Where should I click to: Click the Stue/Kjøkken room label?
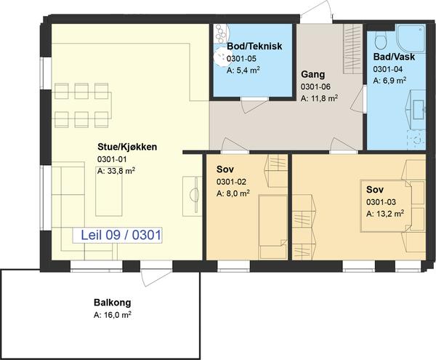pos(127,147)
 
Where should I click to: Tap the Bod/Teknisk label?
pos(254,46)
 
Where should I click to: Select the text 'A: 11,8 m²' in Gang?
pos(319,98)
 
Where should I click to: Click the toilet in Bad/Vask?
pos(381,39)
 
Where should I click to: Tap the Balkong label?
pos(113,303)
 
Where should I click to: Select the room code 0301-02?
pos(231,182)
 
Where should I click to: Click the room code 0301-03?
pos(381,202)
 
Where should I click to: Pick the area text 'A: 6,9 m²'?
pos(389,81)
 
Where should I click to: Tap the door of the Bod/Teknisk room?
pos(254,105)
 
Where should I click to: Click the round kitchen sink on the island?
pos(194,194)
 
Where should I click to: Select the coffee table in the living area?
pos(109,191)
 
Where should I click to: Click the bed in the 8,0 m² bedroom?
pos(272,227)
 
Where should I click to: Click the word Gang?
pos(312,75)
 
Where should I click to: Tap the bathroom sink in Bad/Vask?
pos(418,109)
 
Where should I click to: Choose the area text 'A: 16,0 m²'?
pos(113,315)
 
